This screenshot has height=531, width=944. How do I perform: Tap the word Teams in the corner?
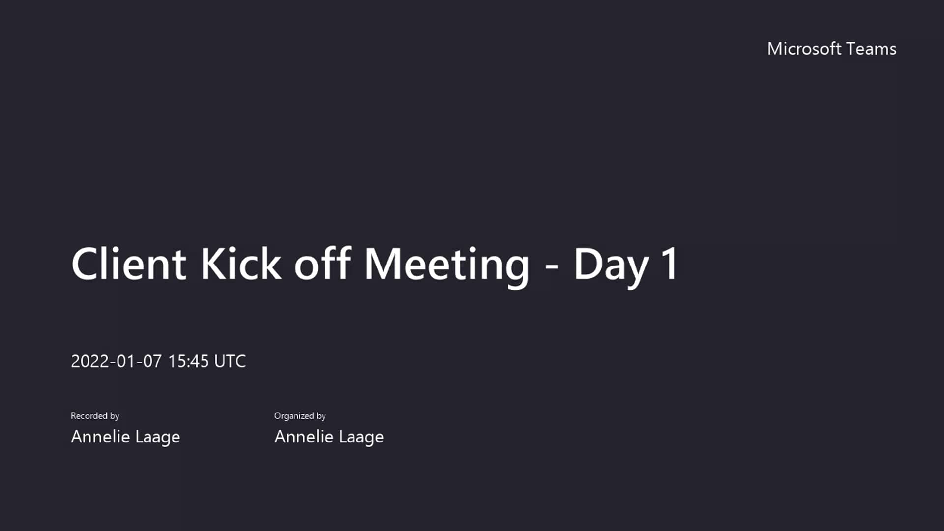click(872, 49)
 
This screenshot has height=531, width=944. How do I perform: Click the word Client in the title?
click(129, 264)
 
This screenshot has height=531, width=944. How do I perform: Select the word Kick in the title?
click(241, 264)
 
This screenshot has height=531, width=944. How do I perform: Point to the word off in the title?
click(322, 264)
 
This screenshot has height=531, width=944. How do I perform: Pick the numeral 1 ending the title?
click(670, 264)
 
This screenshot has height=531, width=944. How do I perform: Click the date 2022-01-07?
click(116, 361)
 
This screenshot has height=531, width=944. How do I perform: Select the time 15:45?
click(188, 361)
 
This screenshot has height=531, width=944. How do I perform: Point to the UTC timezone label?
click(230, 361)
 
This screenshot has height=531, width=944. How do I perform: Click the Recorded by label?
click(95, 416)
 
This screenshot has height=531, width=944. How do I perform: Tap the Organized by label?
click(300, 416)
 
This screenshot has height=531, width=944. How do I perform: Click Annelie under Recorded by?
click(100, 437)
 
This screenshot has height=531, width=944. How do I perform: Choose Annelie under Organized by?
click(304, 437)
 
